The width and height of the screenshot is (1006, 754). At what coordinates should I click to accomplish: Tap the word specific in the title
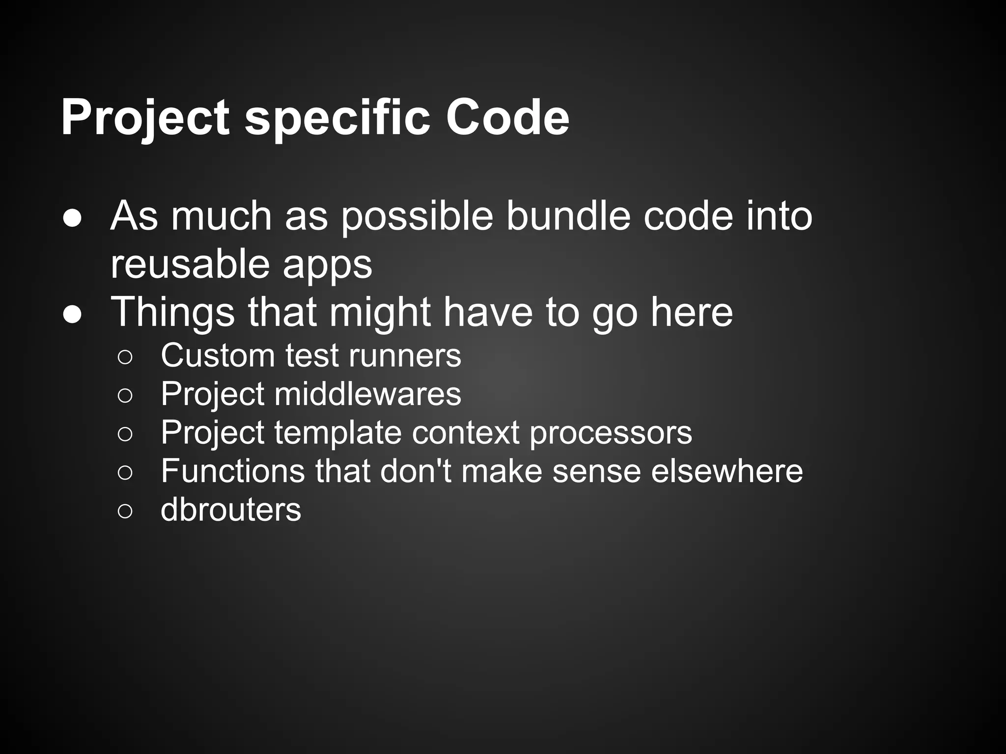click(x=337, y=118)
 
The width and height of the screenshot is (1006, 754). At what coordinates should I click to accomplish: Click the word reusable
click(x=190, y=265)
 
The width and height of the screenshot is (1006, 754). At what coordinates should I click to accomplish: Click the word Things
click(x=173, y=313)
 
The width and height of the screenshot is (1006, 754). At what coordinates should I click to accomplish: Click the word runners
click(x=405, y=355)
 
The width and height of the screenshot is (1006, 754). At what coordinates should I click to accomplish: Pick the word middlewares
click(x=367, y=394)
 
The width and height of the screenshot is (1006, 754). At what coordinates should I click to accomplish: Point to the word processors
click(x=611, y=433)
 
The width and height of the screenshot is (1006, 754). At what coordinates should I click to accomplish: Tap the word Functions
click(x=233, y=471)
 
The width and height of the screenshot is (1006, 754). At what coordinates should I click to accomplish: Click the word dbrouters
click(x=231, y=510)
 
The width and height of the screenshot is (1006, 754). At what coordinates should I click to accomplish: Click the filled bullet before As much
click(x=72, y=219)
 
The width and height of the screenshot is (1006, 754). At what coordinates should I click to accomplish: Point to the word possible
click(x=417, y=217)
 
